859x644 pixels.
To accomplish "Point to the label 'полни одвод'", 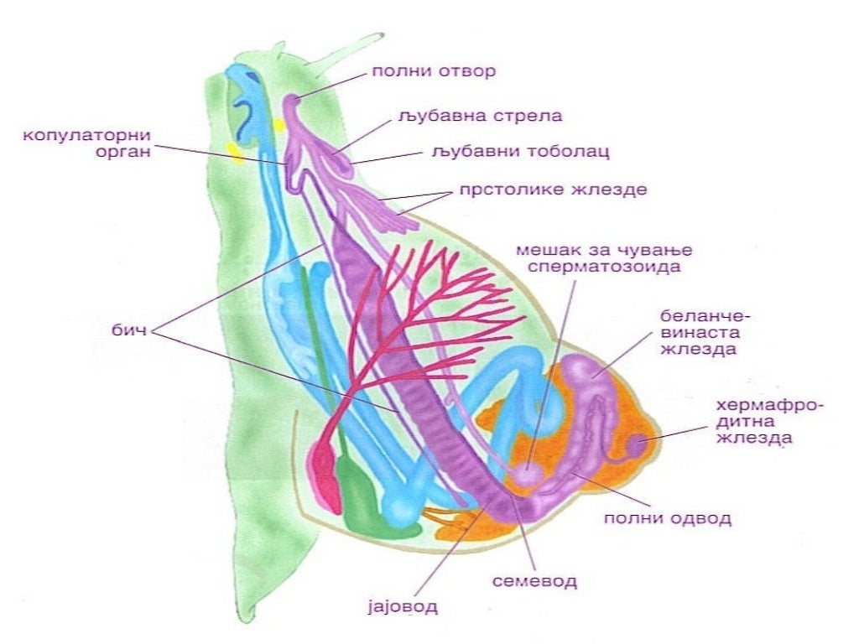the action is [668, 517].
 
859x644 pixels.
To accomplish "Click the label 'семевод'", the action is [535, 579].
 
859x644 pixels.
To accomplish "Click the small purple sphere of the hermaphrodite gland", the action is [637, 443].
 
